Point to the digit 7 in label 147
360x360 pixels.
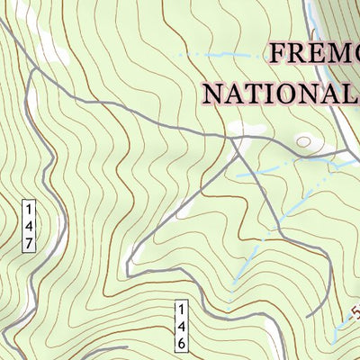point(29,244)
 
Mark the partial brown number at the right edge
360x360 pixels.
point(355,316)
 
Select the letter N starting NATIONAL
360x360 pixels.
point(215,94)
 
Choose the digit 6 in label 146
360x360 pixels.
point(180,345)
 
